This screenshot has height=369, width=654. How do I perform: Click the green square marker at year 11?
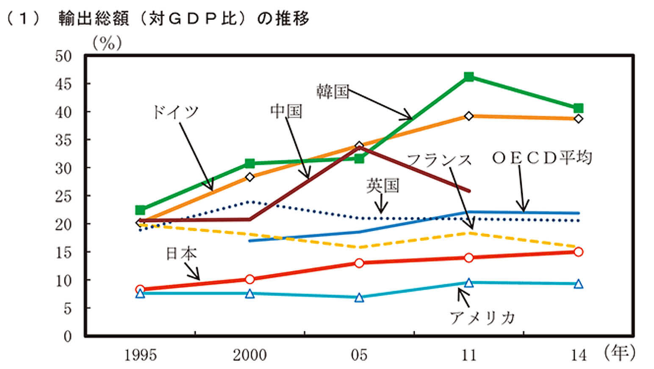(468, 77)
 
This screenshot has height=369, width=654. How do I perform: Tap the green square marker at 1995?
(140, 210)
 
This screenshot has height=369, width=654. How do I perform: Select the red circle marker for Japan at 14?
(578, 252)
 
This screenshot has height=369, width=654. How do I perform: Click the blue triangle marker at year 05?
(359, 298)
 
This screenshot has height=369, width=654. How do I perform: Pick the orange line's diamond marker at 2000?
(250, 177)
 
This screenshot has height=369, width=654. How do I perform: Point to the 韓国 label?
(333, 91)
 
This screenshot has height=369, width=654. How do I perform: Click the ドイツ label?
(175, 112)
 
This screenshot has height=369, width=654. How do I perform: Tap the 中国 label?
(286, 111)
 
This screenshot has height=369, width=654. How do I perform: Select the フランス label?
(439, 160)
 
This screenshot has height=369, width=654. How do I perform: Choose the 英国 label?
(382, 186)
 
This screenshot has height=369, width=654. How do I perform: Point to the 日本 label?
(181, 253)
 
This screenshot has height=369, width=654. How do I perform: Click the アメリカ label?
(482, 317)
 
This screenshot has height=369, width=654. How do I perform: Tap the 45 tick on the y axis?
(63, 84)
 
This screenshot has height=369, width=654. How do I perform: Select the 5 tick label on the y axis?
(67, 308)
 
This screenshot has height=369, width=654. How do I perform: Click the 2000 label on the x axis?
(249, 355)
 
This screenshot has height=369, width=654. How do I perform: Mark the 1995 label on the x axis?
(140, 355)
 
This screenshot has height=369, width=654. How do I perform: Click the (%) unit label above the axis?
(107, 43)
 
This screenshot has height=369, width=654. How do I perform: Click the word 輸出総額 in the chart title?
(94, 19)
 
